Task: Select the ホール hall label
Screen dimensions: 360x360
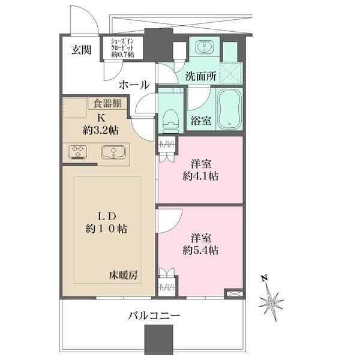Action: (133, 85)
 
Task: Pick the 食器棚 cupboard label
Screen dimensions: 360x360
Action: (107, 103)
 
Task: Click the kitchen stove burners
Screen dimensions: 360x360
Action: (77, 152)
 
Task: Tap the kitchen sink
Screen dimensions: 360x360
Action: (111, 152)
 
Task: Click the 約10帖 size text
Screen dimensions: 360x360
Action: (106, 228)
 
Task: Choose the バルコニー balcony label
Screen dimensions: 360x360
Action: (154, 314)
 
